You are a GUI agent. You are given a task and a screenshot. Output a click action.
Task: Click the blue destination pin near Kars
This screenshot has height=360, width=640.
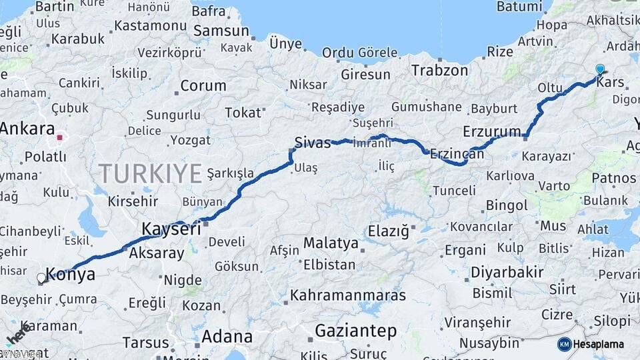point(600,69)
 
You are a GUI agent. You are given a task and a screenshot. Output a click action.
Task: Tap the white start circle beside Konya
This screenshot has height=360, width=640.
point(42,278)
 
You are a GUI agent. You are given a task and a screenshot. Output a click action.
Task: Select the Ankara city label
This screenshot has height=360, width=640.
point(27,129)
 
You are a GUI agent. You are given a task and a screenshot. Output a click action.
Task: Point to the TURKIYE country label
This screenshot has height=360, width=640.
point(151,173)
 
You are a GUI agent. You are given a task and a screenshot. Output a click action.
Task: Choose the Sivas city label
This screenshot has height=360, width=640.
point(313,142)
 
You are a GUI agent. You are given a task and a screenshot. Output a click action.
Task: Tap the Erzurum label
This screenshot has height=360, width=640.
point(492,130)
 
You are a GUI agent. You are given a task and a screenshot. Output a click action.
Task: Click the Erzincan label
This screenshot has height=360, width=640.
point(457,153)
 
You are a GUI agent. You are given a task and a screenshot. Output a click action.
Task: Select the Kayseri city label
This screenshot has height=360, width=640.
point(171,229)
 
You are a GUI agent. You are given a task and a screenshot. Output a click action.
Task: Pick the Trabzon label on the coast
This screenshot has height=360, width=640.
point(439,70)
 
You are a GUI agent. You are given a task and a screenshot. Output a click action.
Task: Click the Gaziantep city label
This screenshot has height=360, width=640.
point(356,331)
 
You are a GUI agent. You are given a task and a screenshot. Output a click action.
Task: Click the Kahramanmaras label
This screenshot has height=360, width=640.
point(348,294)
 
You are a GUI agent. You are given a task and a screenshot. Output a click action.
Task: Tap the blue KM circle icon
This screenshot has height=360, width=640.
point(564,344)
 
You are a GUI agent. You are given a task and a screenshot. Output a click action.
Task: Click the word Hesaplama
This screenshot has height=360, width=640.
point(601,344)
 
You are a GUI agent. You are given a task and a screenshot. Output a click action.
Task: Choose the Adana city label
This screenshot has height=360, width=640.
point(227,336)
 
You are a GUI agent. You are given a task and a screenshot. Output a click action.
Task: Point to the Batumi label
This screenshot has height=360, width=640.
point(519,7)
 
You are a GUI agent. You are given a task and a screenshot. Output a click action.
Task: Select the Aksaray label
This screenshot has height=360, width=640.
point(156,253)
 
